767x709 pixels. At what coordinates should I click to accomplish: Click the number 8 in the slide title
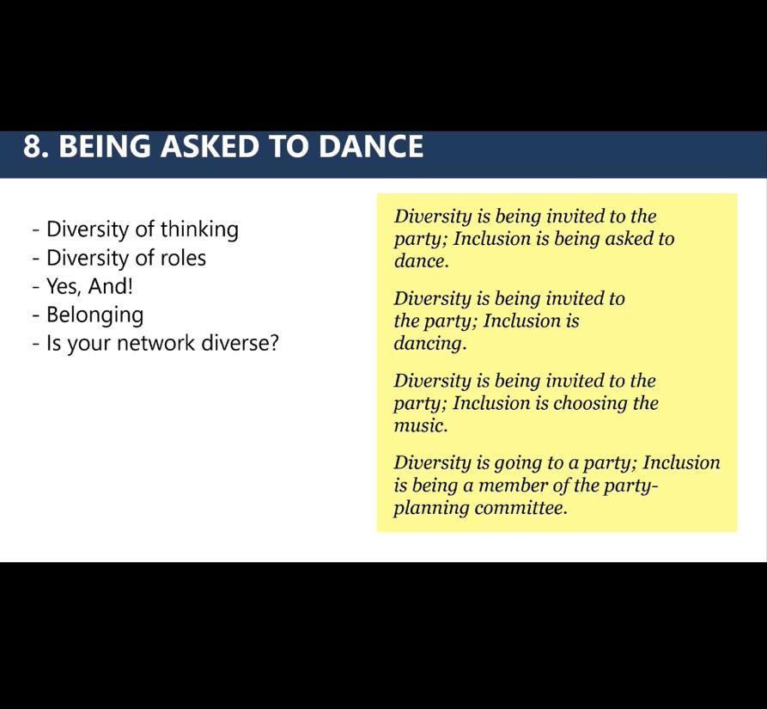point(33,146)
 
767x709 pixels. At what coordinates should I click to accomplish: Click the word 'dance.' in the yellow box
point(421,260)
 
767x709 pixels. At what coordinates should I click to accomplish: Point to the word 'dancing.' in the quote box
point(430,344)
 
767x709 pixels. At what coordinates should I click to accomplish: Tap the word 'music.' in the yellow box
point(421,425)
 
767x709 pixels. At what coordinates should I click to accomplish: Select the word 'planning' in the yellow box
point(431,509)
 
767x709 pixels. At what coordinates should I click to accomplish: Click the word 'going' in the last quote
point(517,463)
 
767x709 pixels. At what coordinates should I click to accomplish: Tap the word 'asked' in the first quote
point(629,239)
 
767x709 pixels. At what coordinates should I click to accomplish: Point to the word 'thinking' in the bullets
point(199,229)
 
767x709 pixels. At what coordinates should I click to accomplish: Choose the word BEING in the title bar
point(105,146)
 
